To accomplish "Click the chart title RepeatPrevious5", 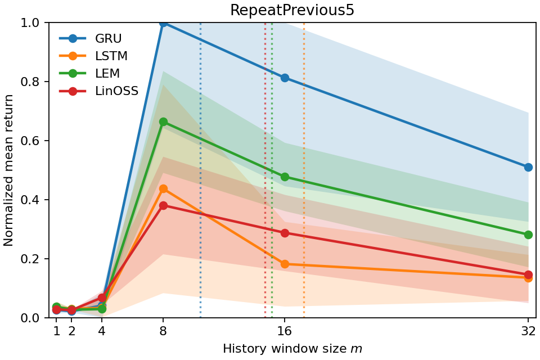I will tap(292, 11).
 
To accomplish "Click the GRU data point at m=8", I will tap(163, 22).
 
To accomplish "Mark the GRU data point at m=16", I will tap(285, 78).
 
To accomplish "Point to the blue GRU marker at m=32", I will tap(528, 167).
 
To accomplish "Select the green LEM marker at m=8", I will tap(163, 121).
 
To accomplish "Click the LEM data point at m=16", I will tap(285, 177).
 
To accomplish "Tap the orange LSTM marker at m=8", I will tap(163, 188).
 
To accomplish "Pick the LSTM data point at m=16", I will tap(285, 264).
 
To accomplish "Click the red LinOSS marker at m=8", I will tap(163, 205).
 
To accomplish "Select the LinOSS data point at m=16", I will tap(285, 233).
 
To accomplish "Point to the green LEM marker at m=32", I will tap(528, 235).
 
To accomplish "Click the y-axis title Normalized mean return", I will tap(9, 170).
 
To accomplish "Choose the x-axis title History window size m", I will tap(292, 349).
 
